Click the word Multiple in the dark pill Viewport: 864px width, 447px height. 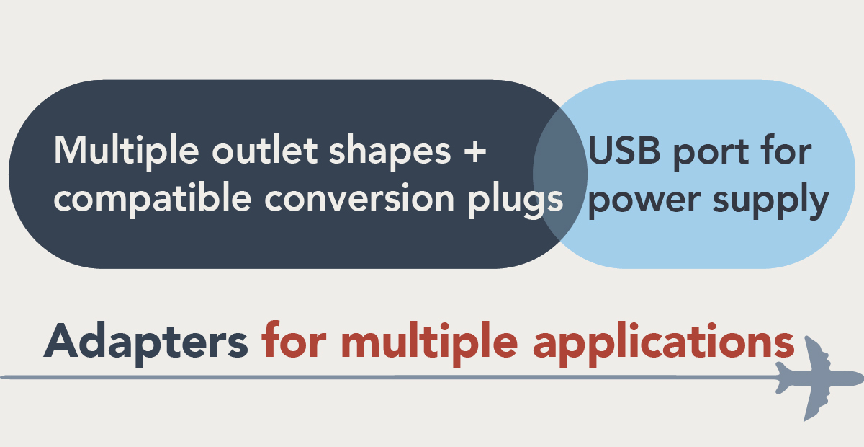127,151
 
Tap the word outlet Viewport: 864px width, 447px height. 265,150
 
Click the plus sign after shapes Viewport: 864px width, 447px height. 474,151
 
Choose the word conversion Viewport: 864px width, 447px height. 359,197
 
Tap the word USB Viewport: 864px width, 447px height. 624,150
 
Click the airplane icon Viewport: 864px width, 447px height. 819,379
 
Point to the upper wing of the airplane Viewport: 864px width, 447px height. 816,353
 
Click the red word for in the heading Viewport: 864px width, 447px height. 294,340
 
